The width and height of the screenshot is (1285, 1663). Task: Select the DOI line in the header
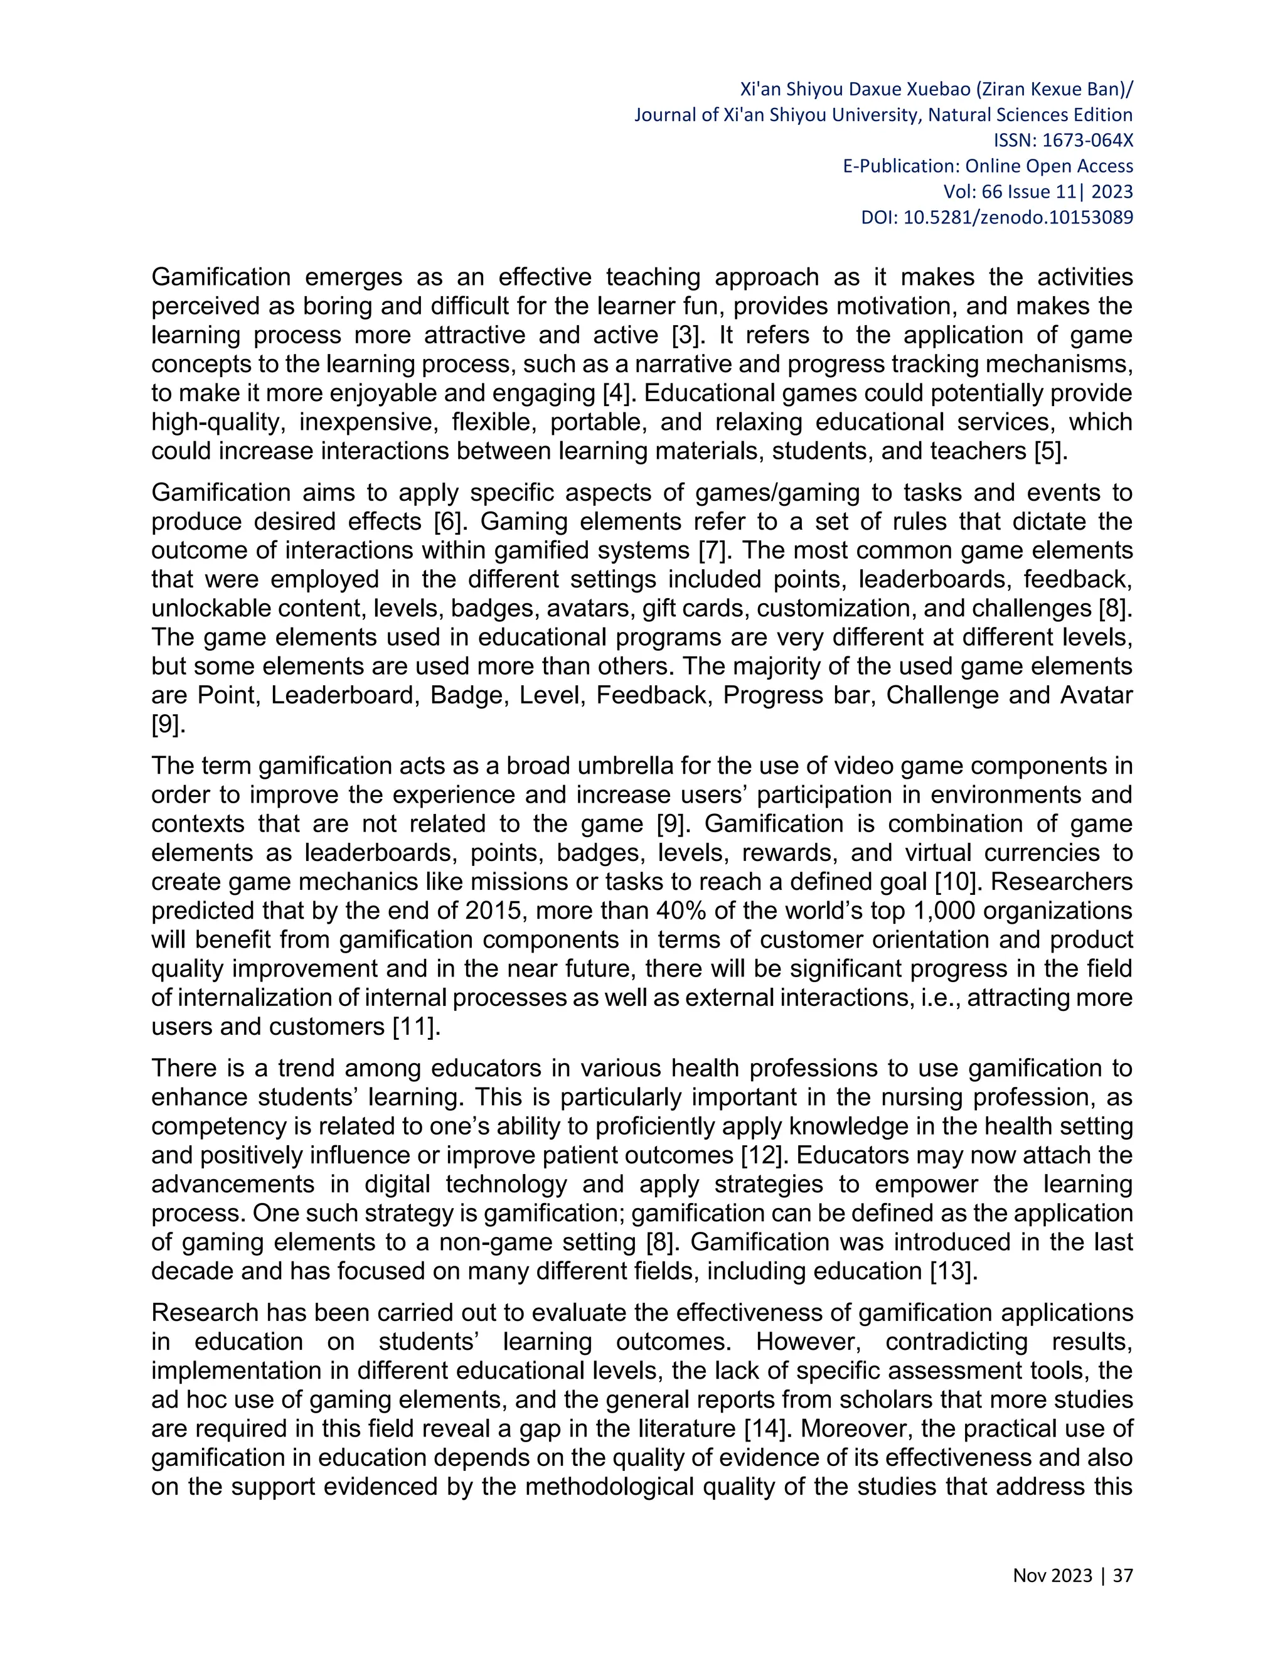point(996,218)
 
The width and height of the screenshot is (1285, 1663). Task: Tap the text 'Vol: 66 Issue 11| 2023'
point(1038,192)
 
